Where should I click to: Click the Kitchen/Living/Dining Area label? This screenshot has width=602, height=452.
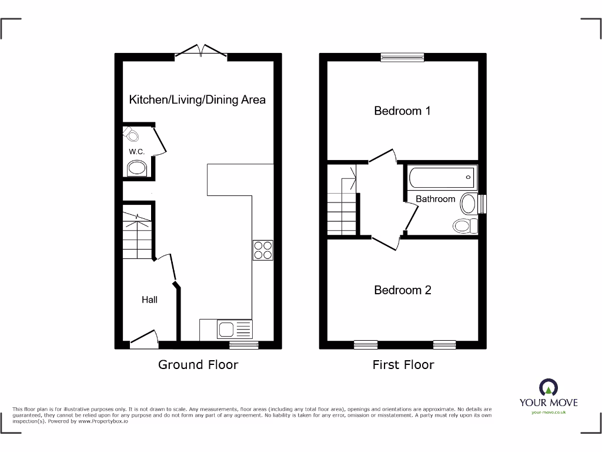[x=197, y=99]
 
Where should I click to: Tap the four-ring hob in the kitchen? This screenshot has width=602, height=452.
[x=262, y=250]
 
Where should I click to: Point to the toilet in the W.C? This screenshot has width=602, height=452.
[x=132, y=135]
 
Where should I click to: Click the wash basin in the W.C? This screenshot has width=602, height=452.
[x=137, y=170]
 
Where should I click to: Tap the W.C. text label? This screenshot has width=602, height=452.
[x=137, y=152]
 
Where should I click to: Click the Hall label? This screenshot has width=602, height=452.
[x=149, y=300]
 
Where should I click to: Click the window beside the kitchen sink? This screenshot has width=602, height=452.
[x=243, y=345]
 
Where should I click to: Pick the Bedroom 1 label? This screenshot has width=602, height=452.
[x=403, y=111]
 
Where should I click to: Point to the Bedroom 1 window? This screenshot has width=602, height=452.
[x=402, y=57]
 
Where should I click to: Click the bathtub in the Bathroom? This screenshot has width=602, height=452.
[x=441, y=176]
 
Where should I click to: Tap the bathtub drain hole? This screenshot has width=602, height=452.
[x=469, y=176]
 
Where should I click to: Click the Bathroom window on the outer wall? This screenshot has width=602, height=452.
[x=483, y=204]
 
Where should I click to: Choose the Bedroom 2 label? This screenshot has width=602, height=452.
[x=403, y=290]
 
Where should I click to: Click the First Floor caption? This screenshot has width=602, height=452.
[x=403, y=365]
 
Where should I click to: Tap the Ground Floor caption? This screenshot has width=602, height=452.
[x=198, y=365]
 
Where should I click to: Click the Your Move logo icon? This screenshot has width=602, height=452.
[x=548, y=387]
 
